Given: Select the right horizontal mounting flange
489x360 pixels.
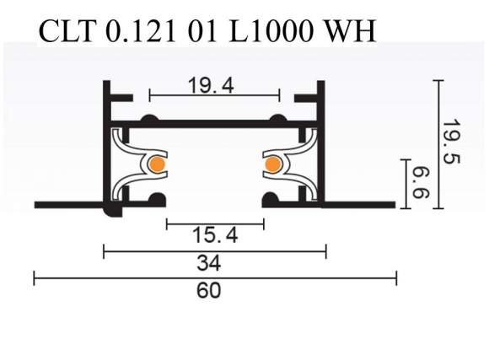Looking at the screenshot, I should [x=358, y=204].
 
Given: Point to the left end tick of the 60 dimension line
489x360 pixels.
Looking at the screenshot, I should [x=35, y=277].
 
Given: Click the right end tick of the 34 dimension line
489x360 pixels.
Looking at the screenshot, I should [x=325, y=250].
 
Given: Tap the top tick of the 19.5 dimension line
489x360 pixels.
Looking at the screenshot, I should [x=438, y=81].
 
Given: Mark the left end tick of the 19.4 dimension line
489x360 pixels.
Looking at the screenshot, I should [x=149, y=93].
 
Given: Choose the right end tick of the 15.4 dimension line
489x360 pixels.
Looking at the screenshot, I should [x=264, y=223].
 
